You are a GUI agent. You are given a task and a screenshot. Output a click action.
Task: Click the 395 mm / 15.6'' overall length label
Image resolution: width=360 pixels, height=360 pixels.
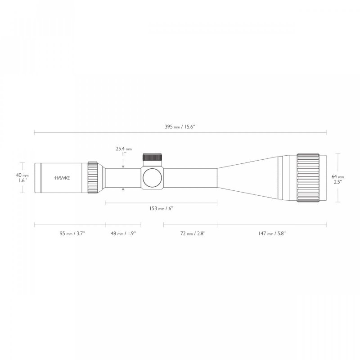pyautogui.click(x=180, y=127)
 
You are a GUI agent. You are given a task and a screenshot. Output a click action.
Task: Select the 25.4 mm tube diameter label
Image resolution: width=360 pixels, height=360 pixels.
pyautogui.click(x=123, y=148)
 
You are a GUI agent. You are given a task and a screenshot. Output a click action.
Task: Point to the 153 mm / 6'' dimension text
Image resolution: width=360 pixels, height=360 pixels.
pyautogui.click(x=161, y=208)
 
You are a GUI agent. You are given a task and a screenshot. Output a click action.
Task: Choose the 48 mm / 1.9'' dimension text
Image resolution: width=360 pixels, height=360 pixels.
pyautogui.click(x=123, y=234)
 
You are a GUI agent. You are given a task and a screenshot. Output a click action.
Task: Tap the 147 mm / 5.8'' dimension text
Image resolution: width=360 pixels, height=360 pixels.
pyautogui.click(x=272, y=234)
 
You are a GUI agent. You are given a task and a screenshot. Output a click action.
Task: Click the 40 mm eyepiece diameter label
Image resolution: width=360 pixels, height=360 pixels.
pyautogui.click(x=22, y=175)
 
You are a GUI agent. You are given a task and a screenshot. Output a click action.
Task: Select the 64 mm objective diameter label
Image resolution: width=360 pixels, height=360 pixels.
pyautogui.click(x=337, y=177)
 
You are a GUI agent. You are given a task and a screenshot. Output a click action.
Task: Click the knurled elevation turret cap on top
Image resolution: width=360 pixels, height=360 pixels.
pyautogui.click(x=153, y=157)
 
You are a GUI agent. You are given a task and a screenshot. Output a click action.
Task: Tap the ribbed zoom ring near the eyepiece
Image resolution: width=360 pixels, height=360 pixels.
pyautogui.click(x=93, y=178)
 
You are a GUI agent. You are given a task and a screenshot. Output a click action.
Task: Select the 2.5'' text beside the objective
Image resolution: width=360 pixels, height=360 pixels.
pyautogui.click(x=337, y=183)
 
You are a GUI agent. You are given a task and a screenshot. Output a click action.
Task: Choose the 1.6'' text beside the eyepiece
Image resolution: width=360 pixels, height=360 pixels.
pyautogui.click(x=22, y=180)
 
